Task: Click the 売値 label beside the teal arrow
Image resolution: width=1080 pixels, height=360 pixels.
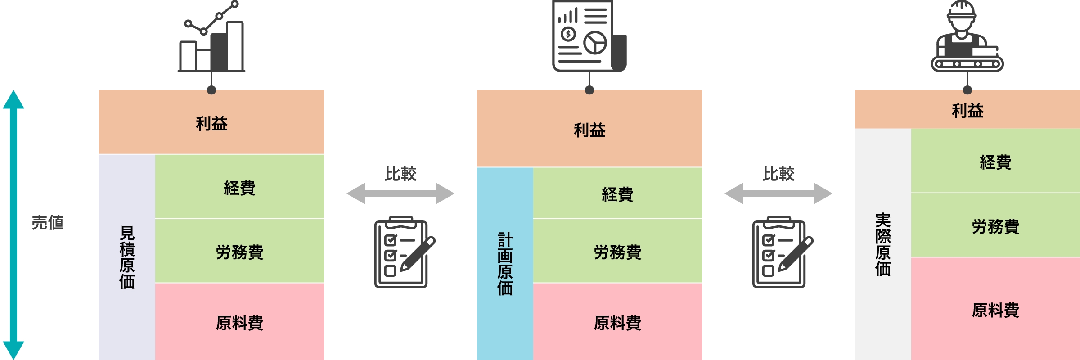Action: pos(48,223)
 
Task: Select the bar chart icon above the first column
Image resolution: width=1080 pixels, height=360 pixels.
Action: pos(211,38)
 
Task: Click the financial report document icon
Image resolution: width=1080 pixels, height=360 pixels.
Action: pos(589,36)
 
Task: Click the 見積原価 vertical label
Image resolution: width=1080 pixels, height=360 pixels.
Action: pos(127,257)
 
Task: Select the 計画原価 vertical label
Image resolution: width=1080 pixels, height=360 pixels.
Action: pos(505,263)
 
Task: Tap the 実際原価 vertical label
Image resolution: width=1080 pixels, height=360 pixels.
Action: pos(883,244)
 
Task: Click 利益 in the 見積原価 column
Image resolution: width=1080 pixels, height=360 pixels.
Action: pos(211,123)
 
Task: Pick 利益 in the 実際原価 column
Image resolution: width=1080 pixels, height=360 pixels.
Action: pos(967,111)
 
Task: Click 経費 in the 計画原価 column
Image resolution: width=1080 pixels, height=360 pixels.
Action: pos(617,194)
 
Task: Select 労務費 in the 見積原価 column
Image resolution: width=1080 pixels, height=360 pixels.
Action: pos(239,252)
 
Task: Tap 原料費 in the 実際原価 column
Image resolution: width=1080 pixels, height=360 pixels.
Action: pos(995,310)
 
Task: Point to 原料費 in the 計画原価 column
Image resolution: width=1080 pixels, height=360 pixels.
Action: pos(617,323)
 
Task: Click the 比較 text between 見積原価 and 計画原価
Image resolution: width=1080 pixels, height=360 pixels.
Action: pos(400,174)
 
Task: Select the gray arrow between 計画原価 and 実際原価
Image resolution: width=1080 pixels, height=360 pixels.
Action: pos(778,193)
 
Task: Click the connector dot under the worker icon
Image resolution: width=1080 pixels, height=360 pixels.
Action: pos(967,90)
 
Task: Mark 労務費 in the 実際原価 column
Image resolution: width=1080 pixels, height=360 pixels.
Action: pos(995,226)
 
